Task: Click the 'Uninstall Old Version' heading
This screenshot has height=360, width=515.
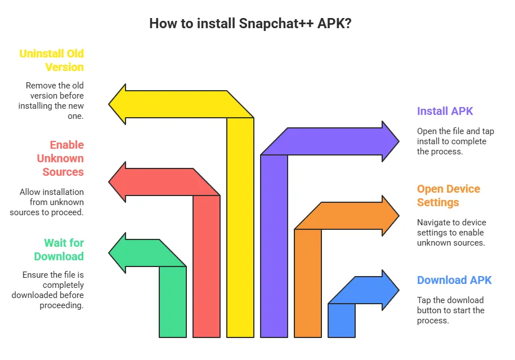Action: click(x=51, y=60)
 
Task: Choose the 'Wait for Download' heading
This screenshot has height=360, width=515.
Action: click(x=59, y=250)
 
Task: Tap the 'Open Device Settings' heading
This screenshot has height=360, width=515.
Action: click(x=449, y=195)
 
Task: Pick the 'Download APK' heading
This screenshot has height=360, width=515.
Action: click(x=454, y=280)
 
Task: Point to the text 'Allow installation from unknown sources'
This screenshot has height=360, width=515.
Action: click(x=47, y=202)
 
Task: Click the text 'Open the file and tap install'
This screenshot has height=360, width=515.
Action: click(x=455, y=141)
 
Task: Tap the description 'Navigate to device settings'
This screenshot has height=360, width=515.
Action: click(x=451, y=232)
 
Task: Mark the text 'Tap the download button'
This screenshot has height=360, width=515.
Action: click(x=450, y=310)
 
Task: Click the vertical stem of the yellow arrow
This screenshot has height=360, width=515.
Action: click(x=240, y=225)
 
